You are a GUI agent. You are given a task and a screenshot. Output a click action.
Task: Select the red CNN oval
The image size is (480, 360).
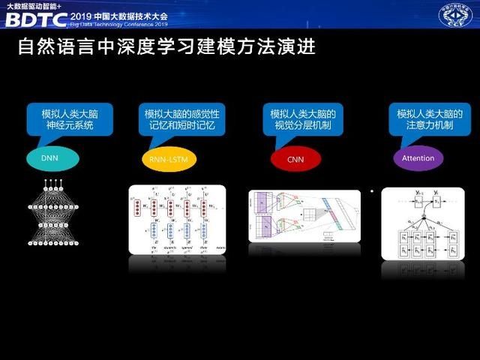point(295,159)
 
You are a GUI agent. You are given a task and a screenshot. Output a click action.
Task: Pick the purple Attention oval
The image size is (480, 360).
point(418,158)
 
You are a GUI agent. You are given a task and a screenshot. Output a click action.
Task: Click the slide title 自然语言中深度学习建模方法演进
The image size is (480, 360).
point(166,48)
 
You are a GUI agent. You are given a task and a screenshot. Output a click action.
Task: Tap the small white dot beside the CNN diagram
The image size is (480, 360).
point(371,192)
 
